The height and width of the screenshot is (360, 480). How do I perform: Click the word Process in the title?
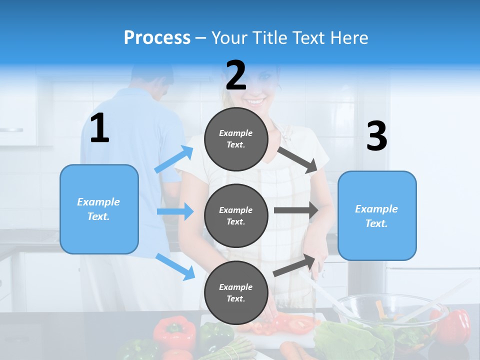click(157, 37)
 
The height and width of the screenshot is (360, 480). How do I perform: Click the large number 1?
click(99, 128)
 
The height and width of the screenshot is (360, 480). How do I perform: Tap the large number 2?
click(236, 75)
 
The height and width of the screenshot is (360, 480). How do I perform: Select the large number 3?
click(376, 136)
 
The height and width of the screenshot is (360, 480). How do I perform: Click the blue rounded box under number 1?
click(99, 209)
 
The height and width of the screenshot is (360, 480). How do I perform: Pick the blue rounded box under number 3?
click(377, 215)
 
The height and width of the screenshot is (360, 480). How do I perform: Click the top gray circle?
click(236, 139)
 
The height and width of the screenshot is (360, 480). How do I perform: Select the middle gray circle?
click(236, 215)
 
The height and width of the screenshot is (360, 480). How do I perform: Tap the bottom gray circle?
click(236, 292)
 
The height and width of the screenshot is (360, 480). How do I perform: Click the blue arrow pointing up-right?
click(174, 159)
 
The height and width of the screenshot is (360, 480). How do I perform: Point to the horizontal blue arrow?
click(175, 211)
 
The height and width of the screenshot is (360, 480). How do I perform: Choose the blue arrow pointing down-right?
click(175, 266)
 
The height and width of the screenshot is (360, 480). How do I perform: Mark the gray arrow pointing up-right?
click(295, 265)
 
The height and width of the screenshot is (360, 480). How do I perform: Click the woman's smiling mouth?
click(254, 102)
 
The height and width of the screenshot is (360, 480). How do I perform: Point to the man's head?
click(153, 77)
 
